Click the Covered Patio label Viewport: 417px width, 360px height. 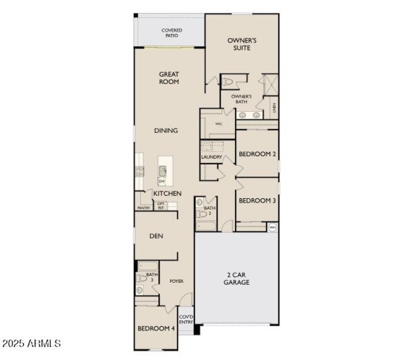click(x=171, y=33)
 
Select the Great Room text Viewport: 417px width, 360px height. click(x=169, y=78)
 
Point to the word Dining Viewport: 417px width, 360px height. click(x=166, y=130)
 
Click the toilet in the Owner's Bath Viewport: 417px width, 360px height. click(x=228, y=81)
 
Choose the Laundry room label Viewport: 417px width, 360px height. click(x=212, y=157)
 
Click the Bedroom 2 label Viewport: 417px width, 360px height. click(x=257, y=154)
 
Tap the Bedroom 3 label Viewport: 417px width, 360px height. click(x=257, y=200)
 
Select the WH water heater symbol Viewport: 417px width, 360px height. click(x=272, y=227)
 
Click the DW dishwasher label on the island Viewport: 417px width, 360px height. click(x=162, y=181)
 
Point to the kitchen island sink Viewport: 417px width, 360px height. click(x=163, y=170)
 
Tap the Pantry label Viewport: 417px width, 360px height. click(x=144, y=208)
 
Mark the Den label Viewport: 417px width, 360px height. click(x=156, y=236)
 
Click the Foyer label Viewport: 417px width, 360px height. click(x=176, y=281)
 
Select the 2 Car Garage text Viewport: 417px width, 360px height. click(x=237, y=278)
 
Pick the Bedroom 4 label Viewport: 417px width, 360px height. click(x=156, y=328)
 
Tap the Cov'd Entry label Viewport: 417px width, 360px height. click(x=186, y=319)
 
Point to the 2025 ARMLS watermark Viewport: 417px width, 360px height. click(x=32, y=344)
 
